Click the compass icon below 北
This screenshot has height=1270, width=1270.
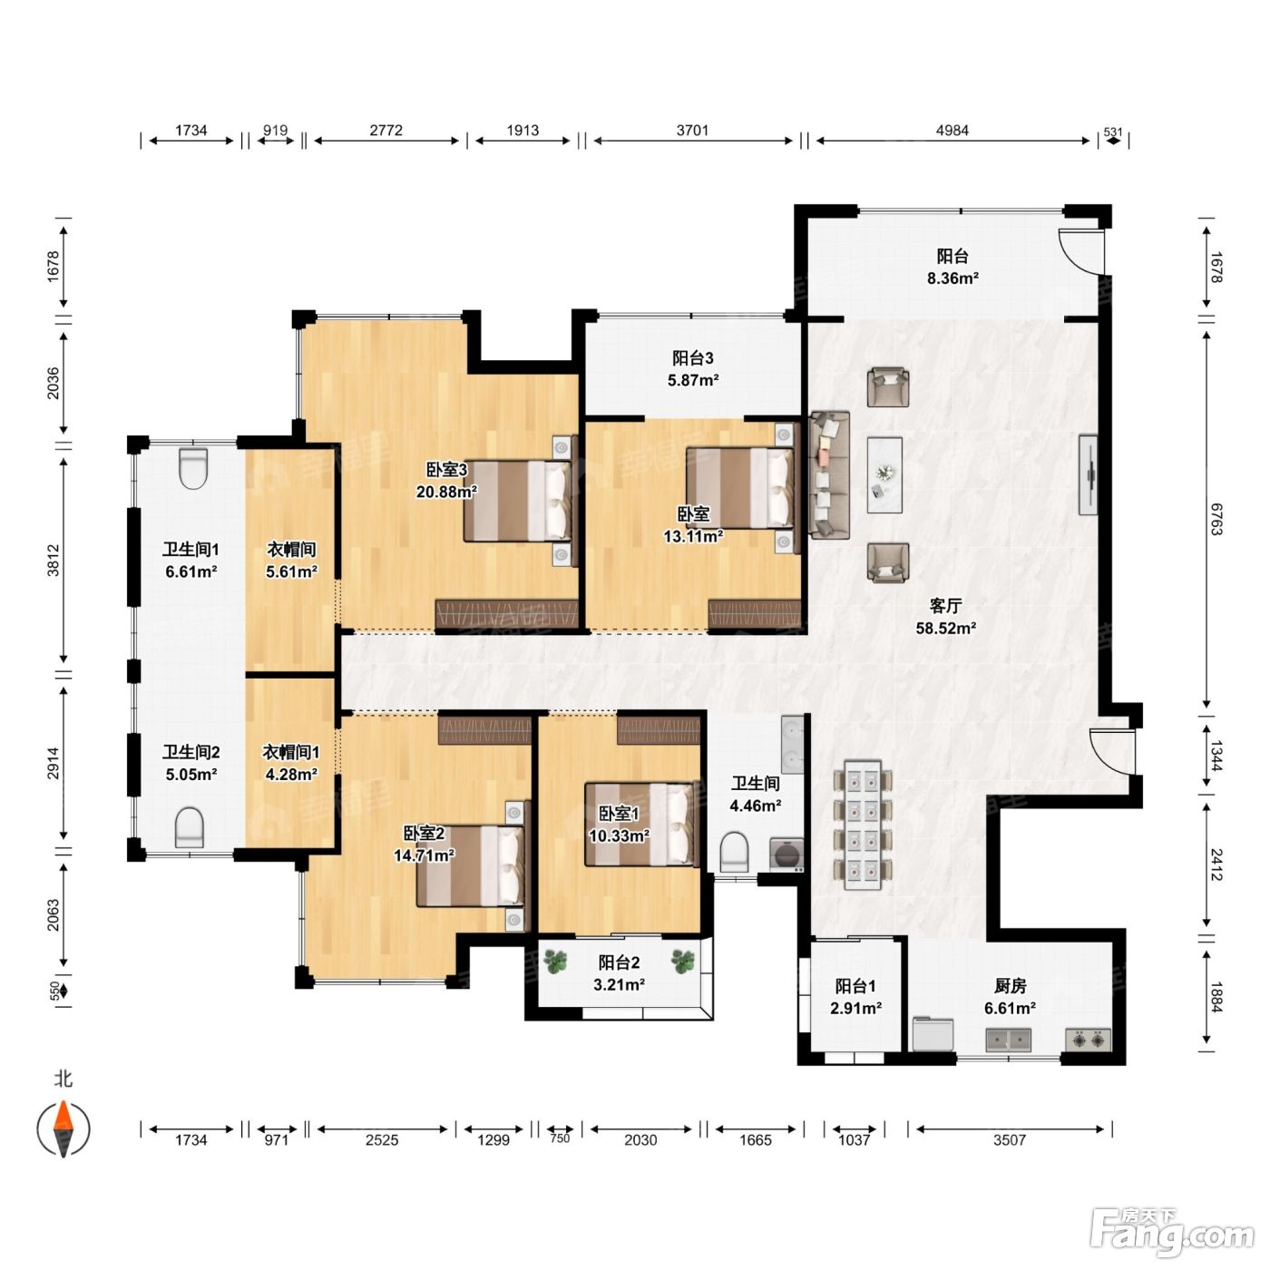(63, 1128)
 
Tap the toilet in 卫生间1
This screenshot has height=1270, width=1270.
(193, 468)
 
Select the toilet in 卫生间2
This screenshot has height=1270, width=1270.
(190, 827)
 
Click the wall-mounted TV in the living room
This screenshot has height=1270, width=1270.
(1088, 474)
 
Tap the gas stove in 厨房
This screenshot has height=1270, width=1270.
(1088, 1040)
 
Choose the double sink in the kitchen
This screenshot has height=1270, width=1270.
(1009, 1040)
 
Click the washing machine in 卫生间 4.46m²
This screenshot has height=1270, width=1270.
(786, 855)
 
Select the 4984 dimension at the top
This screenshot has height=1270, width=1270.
(952, 131)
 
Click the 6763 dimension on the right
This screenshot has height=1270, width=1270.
(1216, 519)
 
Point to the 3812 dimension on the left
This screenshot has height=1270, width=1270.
(54, 560)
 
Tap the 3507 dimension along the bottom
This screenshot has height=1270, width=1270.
(1010, 1140)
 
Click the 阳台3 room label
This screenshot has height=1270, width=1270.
(693, 357)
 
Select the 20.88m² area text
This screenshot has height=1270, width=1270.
(447, 491)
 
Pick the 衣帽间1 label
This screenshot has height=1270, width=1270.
(291, 752)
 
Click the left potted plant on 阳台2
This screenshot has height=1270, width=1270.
(557, 962)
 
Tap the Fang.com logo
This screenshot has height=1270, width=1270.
(1172, 1228)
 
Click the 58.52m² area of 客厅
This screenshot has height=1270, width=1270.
(946, 628)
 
